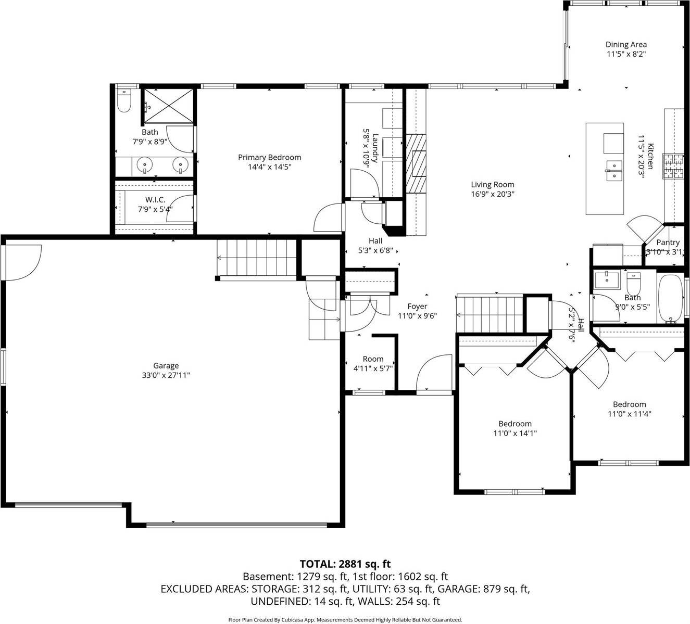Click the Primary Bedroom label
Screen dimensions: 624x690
pyautogui.click(x=269, y=157)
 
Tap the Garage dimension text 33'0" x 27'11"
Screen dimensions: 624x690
pyautogui.click(x=166, y=375)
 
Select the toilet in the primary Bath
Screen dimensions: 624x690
pyautogui.click(x=123, y=101)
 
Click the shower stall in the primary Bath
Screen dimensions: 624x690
pyautogui.click(x=167, y=106)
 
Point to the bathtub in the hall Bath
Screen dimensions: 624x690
pyautogui.click(x=670, y=297)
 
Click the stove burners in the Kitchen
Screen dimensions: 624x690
pyautogui.click(x=672, y=167)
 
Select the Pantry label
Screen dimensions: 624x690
pyautogui.click(x=668, y=243)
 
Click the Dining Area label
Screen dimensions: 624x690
pyautogui.click(x=626, y=45)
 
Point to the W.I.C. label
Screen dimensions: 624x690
pyautogui.click(x=155, y=200)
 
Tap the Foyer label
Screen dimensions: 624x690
pyautogui.click(x=417, y=307)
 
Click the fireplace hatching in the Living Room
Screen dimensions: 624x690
pyautogui.click(x=416, y=163)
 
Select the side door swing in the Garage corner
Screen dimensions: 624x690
pyautogui.click(x=23, y=262)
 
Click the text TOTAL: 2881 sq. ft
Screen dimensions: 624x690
pyautogui.click(x=345, y=564)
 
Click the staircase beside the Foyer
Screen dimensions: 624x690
pyautogui.click(x=489, y=313)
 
